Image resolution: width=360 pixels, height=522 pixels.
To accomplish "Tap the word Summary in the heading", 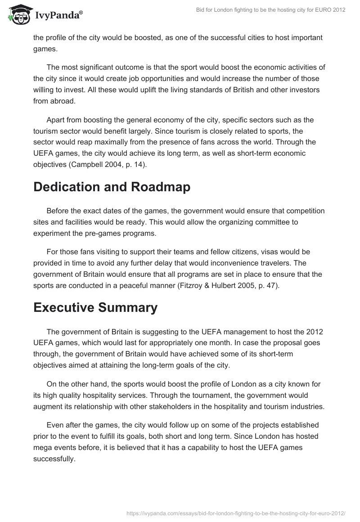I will [133, 307].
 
